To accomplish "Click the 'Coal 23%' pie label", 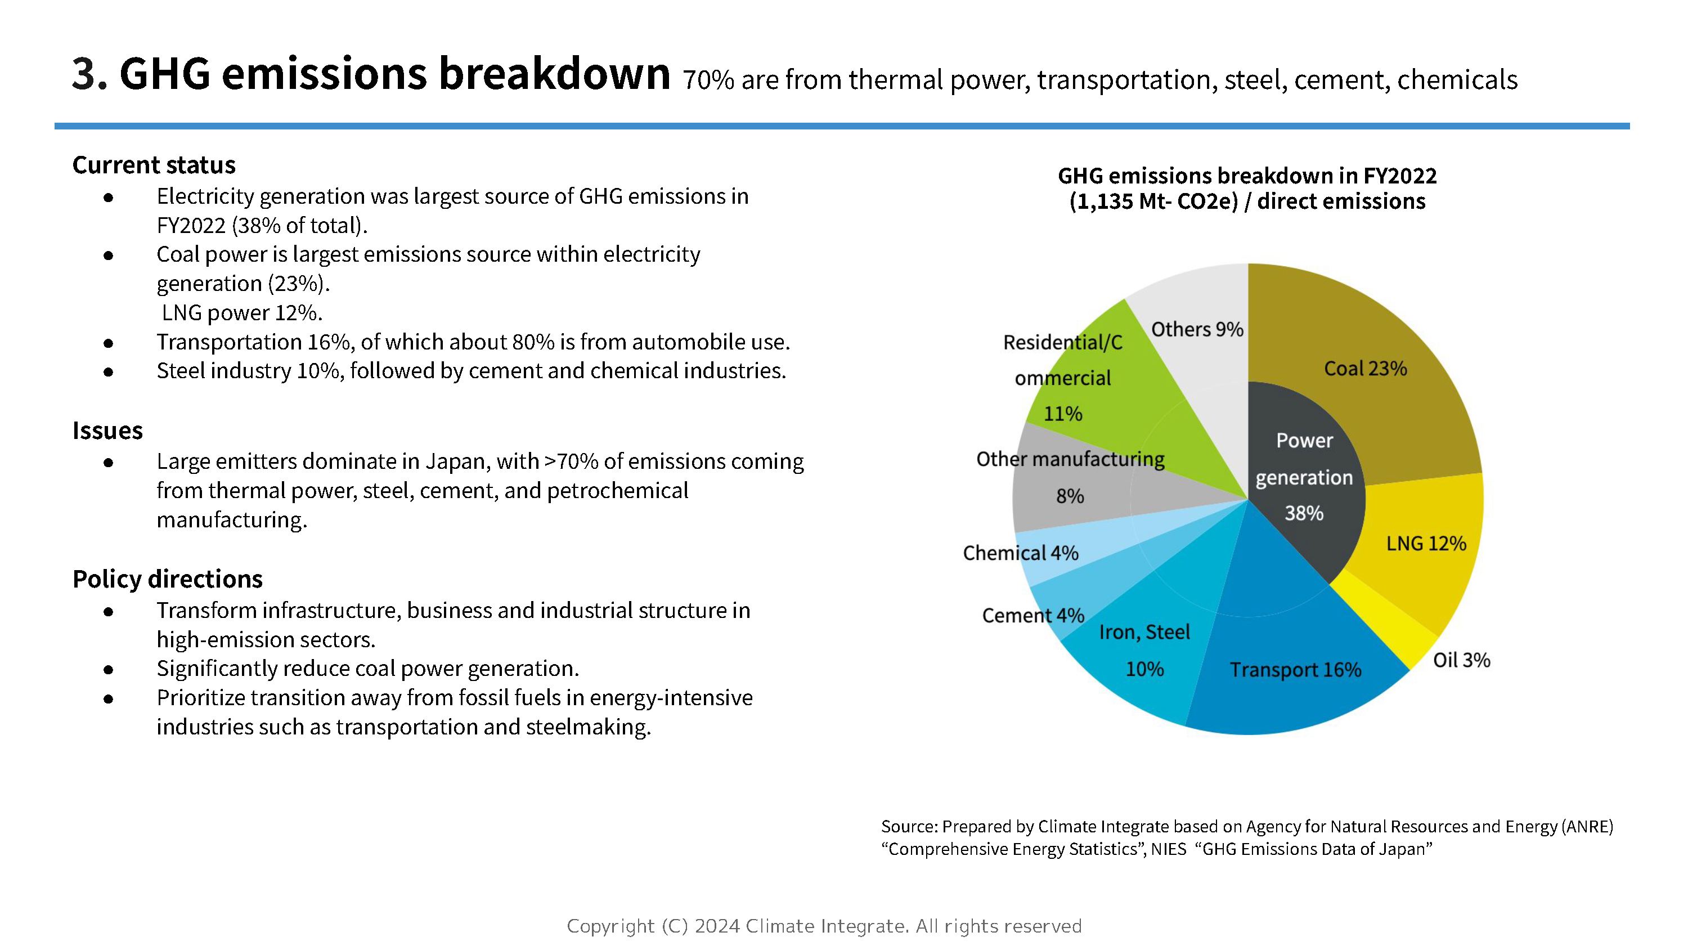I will (x=1365, y=369).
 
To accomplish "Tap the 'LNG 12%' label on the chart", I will (x=1425, y=544).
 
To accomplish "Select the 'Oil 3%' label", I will (x=1461, y=660).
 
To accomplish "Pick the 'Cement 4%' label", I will (x=1032, y=616).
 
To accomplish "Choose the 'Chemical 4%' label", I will (x=1020, y=553).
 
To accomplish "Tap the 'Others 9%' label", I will (x=1197, y=329).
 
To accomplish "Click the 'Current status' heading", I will (x=154, y=165).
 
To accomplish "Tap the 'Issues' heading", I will (x=107, y=431).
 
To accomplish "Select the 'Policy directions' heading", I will (x=168, y=580).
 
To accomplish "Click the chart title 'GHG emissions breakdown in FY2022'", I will (x=1246, y=176).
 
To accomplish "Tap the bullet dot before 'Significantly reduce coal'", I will (x=109, y=669).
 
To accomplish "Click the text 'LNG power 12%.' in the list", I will (x=242, y=313).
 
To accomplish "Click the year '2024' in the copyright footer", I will (x=717, y=926).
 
